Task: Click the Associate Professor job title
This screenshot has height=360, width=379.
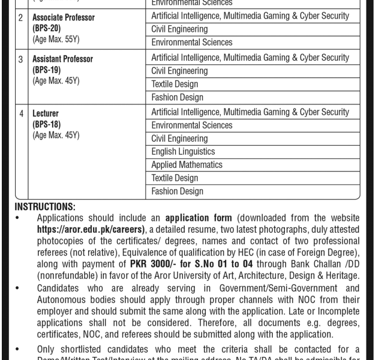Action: coord(64,17)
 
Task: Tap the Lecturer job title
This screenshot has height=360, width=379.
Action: coord(46,113)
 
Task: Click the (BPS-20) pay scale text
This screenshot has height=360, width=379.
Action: coord(47,28)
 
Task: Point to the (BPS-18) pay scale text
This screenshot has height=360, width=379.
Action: coord(47,124)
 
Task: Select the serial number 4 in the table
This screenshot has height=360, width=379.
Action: coord(21,113)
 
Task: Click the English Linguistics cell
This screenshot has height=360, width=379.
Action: coord(183,152)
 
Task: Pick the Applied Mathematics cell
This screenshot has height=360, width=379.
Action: coord(187,165)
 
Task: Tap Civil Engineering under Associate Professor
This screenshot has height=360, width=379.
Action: coord(179,29)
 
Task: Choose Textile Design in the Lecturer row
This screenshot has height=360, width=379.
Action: coord(175,178)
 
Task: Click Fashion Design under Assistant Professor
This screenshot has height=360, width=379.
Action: coord(177,97)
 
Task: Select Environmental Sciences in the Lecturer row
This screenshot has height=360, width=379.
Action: coord(191,125)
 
